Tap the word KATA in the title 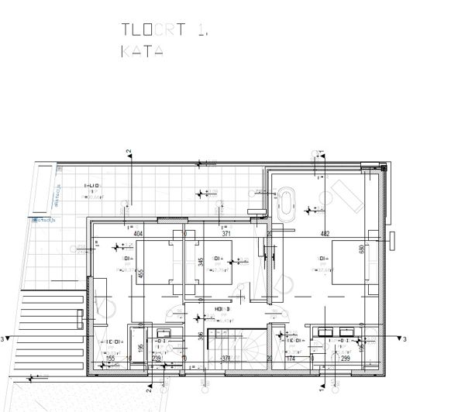142,52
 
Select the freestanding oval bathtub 287,203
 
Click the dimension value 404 139,233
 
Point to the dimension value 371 227,233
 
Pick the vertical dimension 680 361,250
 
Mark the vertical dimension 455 140,273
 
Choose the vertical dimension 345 201,262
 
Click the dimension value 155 110,359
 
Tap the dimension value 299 346,359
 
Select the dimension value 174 291,359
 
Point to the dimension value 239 156,359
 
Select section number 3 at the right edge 405,339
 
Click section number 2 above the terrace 129,152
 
